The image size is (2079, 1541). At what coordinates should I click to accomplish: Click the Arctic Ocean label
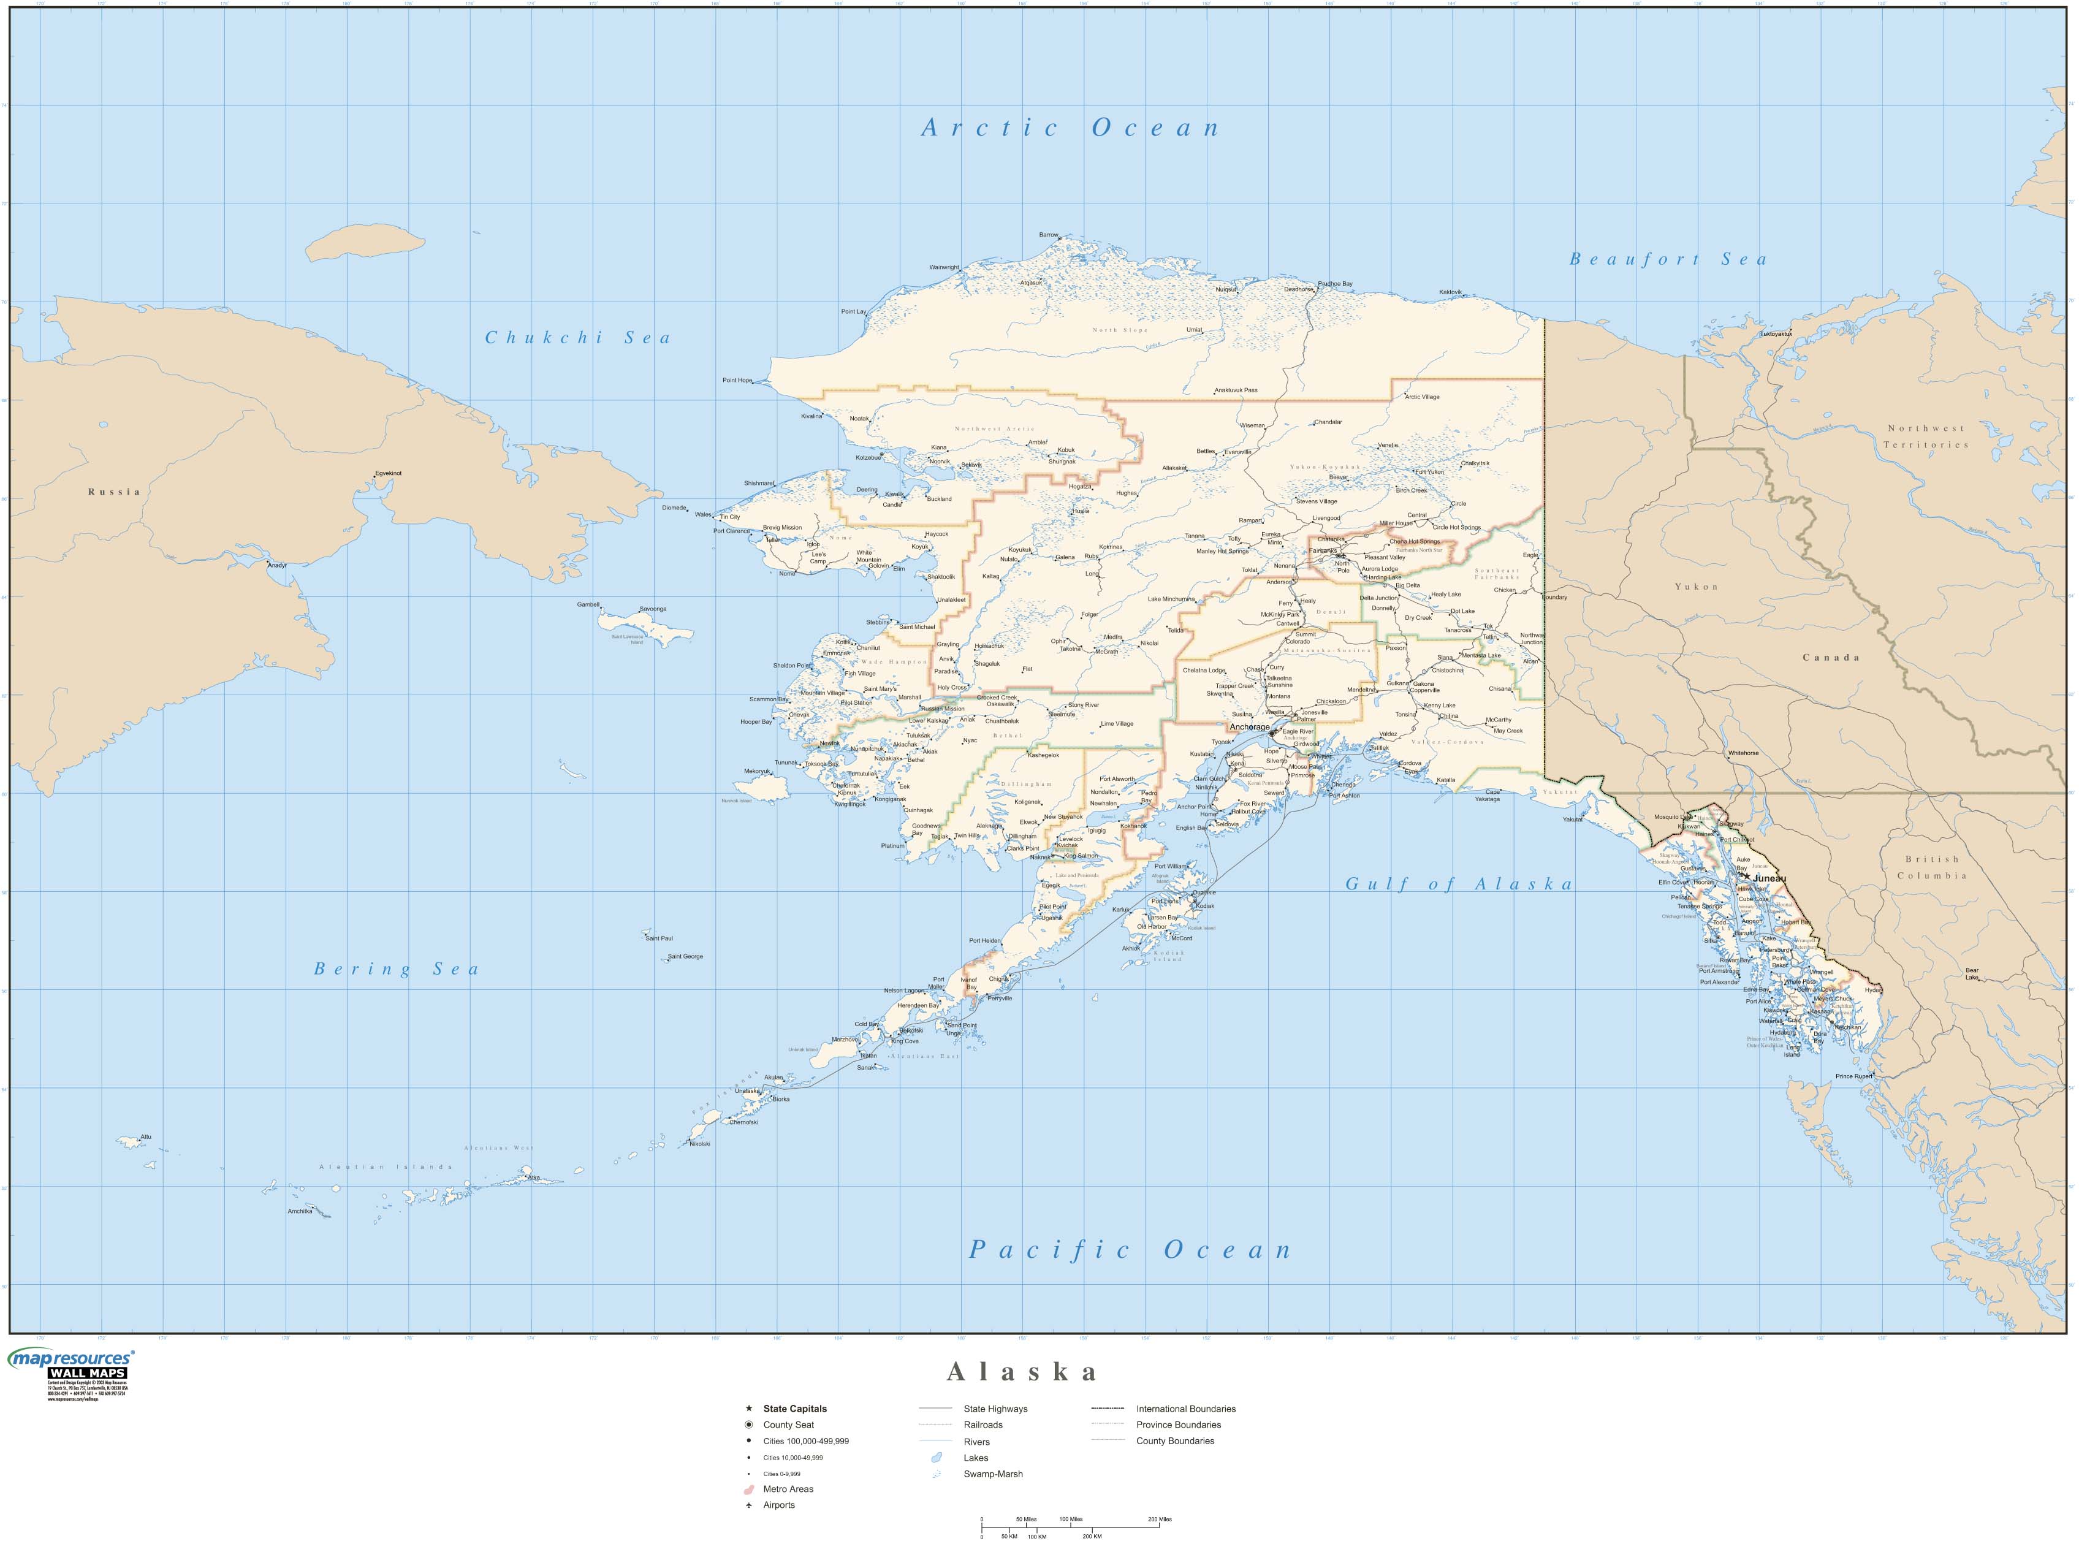click(1070, 129)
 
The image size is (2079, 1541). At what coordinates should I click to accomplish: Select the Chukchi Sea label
click(577, 338)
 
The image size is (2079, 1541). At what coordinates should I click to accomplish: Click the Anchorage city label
click(1249, 726)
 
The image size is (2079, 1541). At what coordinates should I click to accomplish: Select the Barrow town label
click(1048, 235)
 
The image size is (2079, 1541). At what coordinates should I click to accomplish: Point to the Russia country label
click(114, 492)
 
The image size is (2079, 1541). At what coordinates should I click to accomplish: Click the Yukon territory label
click(1696, 587)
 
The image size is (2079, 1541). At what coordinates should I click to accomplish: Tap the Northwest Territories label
click(1925, 436)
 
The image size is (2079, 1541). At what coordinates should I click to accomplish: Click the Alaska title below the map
click(1022, 1371)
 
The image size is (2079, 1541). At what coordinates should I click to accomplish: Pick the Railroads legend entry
click(983, 1425)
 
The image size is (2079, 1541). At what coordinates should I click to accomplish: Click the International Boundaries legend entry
click(1185, 1409)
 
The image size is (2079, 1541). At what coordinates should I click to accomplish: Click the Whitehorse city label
click(1743, 753)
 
